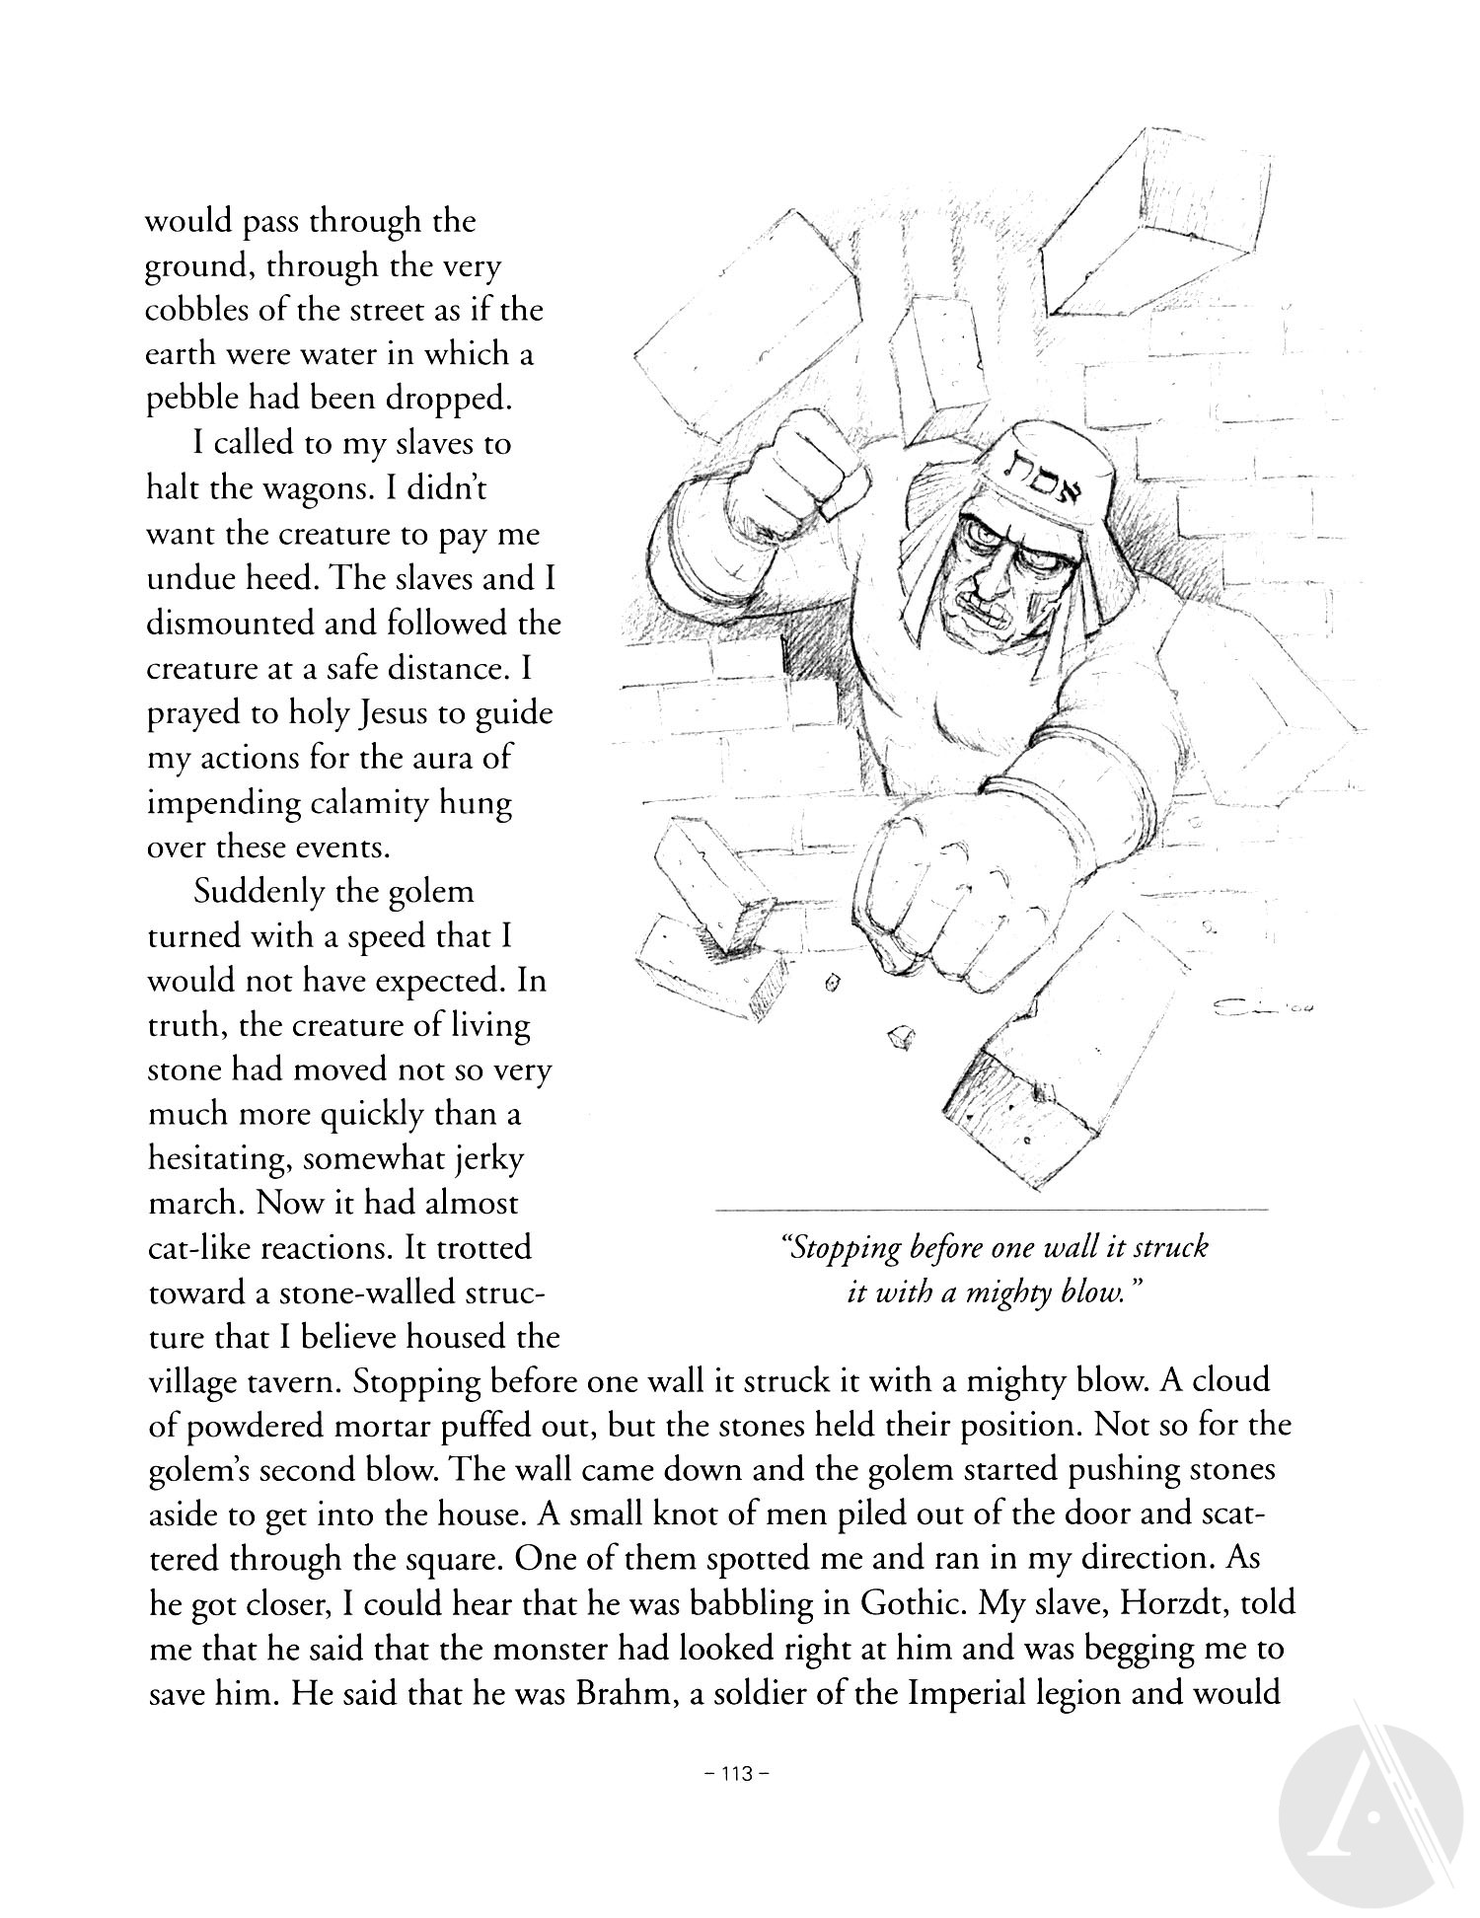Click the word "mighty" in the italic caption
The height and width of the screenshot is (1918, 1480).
(1031, 1292)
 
